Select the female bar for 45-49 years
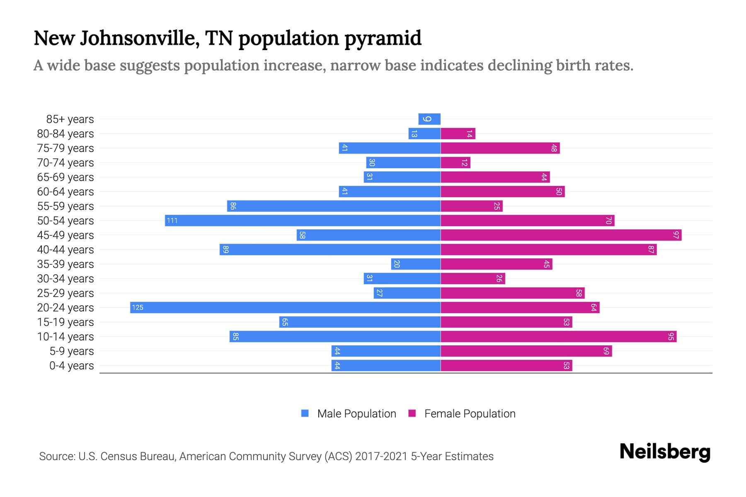561,235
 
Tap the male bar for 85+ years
429,119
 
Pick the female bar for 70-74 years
455,162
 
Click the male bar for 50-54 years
303,220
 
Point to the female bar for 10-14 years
558,336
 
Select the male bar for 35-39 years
416,264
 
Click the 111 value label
172,220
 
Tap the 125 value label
138,307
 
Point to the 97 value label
676,235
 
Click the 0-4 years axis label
71,366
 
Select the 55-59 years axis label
65,206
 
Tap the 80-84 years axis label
65,134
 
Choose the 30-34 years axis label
65,279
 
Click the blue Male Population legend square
305,413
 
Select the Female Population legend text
470,413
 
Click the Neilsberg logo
665,452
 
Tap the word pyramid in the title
383,38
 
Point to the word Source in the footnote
57,456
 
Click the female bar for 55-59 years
471,206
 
